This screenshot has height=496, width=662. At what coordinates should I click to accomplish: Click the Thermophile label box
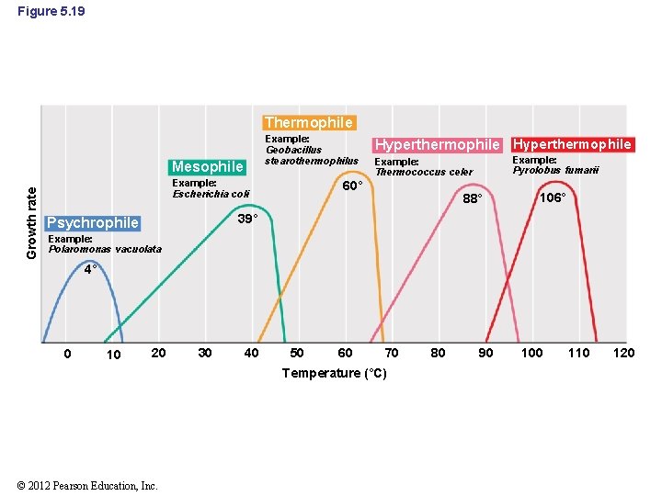(x=308, y=122)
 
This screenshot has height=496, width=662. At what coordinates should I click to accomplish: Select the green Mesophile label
(x=207, y=166)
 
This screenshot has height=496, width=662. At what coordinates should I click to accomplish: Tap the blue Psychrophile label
(x=93, y=223)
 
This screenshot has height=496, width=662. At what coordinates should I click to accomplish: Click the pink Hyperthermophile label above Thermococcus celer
(x=439, y=145)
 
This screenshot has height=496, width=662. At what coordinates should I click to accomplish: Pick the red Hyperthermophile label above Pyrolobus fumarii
(x=572, y=144)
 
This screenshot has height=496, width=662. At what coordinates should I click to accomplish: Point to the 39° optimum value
(x=246, y=220)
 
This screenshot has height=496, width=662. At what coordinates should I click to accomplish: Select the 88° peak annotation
(x=473, y=198)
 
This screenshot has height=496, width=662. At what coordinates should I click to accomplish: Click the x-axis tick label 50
(x=297, y=354)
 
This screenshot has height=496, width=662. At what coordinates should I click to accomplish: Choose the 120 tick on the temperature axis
(x=623, y=354)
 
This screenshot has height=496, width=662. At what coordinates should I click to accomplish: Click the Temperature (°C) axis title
(x=334, y=373)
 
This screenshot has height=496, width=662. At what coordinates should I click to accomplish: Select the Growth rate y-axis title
(x=31, y=221)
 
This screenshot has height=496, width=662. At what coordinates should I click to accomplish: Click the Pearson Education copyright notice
(x=87, y=486)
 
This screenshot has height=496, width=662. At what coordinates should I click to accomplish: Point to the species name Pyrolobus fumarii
(x=555, y=170)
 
